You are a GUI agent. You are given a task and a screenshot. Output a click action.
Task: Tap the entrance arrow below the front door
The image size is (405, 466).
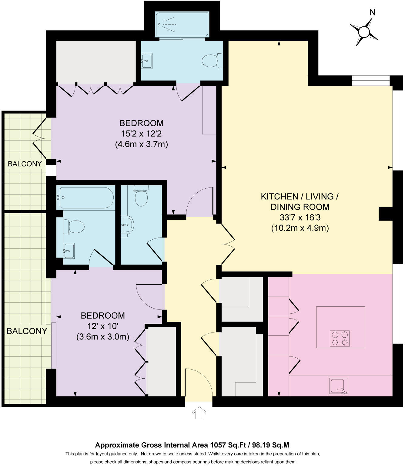(x=199, y=413)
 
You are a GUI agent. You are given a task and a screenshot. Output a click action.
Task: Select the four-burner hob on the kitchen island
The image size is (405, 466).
(x=340, y=339)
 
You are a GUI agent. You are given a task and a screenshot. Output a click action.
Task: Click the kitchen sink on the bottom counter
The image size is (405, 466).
(x=339, y=386)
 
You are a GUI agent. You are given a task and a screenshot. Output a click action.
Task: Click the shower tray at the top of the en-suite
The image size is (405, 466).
(x=182, y=25)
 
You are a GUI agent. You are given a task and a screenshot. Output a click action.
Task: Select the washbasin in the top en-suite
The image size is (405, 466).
(x=147, y=61)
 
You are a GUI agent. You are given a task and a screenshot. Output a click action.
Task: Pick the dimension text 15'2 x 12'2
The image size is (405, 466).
(x=141, y=133)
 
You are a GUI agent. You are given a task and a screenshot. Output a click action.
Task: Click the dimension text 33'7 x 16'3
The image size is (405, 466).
(x=300, y=217)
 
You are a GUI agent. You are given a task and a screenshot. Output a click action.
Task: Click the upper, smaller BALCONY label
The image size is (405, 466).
(x=25, y=164)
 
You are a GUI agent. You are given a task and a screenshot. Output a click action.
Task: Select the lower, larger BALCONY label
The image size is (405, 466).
(x=27, y=331)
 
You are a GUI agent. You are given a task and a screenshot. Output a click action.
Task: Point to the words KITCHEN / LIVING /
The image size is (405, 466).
(x=300, y=197)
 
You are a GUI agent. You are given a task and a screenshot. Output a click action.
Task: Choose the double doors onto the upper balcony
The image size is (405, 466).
(x=39, y=138)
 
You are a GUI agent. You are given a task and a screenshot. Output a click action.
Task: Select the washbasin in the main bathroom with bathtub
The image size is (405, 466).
(x=69, y=251)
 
